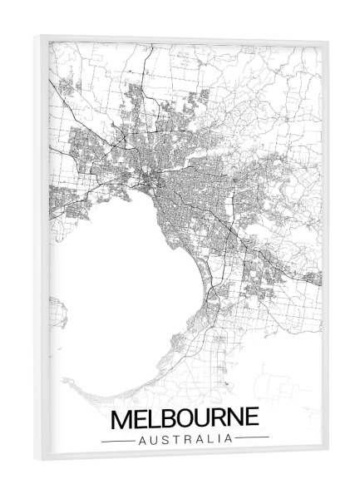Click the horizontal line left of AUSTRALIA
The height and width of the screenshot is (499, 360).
click(x=116, y=437)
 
